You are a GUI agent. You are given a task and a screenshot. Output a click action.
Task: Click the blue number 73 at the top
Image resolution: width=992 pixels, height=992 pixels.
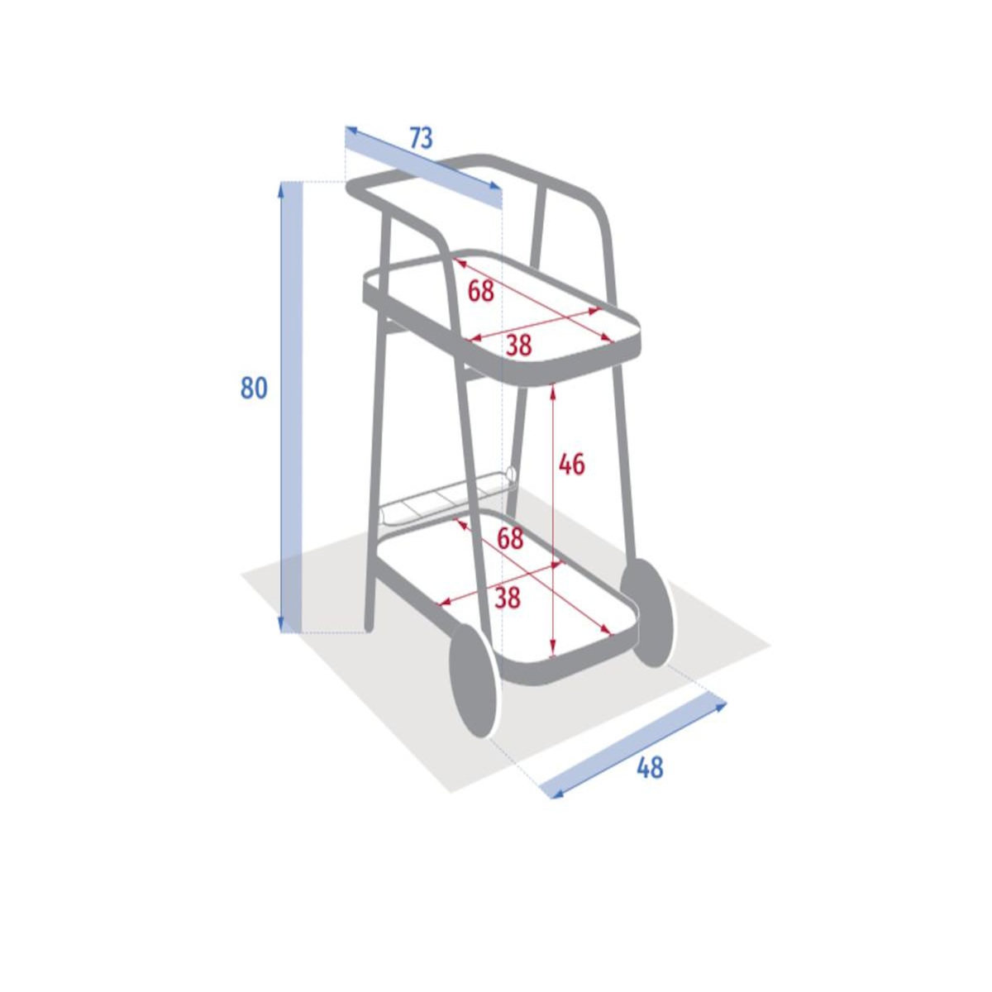(x=421, y=138)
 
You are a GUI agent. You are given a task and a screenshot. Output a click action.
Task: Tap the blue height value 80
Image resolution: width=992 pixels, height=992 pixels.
(x=254, y=388)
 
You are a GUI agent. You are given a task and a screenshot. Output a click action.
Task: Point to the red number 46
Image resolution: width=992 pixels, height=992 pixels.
(x=572, y=465)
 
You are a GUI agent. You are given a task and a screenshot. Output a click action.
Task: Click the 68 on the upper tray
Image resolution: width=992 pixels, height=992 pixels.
(x=481, y=291)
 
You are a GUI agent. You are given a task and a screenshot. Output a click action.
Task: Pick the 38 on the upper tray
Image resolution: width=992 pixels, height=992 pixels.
(x=518, y=345)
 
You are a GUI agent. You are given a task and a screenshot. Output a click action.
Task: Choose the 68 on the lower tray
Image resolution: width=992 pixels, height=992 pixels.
(x=510, y=539)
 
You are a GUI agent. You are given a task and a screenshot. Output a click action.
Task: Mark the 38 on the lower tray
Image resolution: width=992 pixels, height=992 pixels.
(x=508, y=599)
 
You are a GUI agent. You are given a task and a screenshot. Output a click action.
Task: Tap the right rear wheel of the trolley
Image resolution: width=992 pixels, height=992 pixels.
(x=646, y=613)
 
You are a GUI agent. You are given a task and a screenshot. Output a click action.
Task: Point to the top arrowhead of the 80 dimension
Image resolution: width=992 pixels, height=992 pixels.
(x=280, y=189)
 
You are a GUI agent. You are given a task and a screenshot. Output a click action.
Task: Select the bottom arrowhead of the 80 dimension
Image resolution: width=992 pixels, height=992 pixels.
(x=280, y=625)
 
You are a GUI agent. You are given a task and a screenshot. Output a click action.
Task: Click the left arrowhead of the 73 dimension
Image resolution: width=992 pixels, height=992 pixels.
(x=351, y=129)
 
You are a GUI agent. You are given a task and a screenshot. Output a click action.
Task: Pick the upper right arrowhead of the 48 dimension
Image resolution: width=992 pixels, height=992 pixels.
(x=720, y=706)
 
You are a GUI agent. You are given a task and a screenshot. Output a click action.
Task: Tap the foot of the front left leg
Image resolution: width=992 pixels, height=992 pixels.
(x=368, y=627)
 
